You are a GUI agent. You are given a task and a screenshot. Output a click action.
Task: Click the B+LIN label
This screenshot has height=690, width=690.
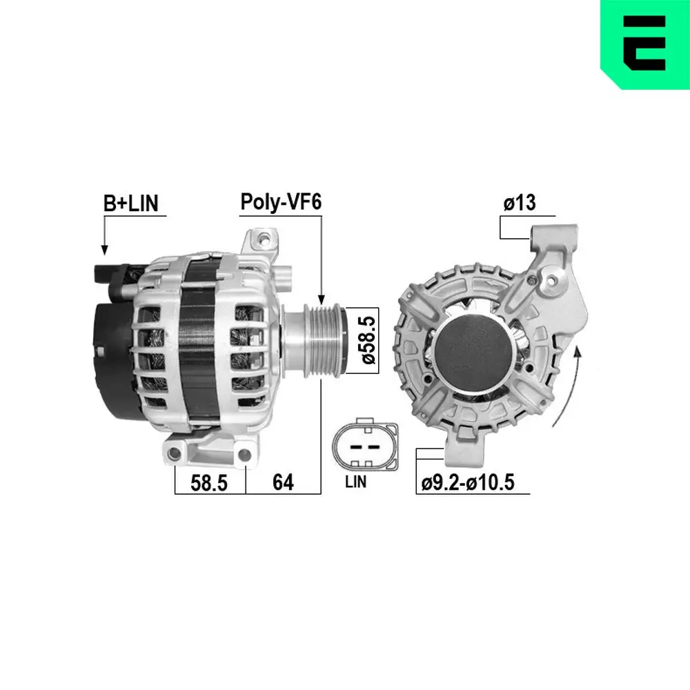point(131,203)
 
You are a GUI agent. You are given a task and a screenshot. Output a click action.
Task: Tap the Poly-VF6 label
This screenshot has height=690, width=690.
point(281,202)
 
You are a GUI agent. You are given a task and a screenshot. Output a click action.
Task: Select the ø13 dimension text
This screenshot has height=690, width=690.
point(519,203)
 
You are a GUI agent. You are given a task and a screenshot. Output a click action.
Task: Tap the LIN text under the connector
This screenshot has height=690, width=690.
point(357,482)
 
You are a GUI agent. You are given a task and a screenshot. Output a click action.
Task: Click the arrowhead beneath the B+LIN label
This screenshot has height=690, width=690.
point(105,249)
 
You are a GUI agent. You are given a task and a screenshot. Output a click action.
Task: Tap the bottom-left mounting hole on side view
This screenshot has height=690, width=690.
point(175,453)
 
